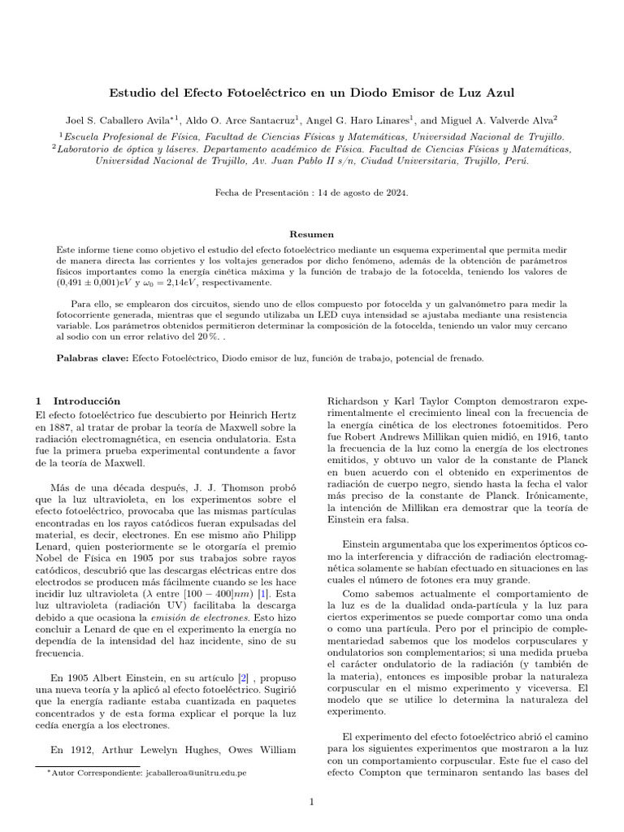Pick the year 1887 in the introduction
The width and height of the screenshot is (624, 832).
(x=59, y=427)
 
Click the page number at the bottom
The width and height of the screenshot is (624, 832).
(x=311, y=803)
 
